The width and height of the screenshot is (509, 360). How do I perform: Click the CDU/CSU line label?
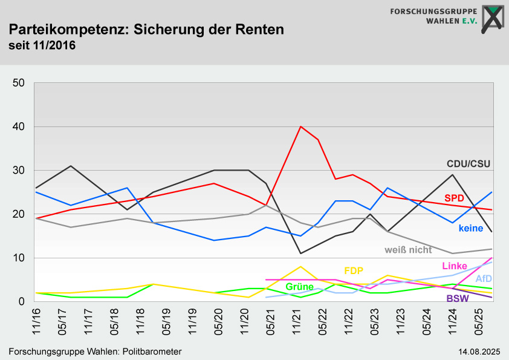tap(468, 163)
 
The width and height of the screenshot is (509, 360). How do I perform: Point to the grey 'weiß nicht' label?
tap(408, 249)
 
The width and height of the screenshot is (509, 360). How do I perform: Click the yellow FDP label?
tap(354, 270)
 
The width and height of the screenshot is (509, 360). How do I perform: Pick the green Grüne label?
tap(299, 286)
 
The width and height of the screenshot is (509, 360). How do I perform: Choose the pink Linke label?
tap(455, 266)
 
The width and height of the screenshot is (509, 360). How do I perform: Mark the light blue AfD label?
tap(484, 279)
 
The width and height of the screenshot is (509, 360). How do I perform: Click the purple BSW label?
tap(458, 298)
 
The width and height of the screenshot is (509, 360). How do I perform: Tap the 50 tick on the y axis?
tap(18, 83)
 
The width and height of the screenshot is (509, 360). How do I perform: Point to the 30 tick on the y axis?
tap(18, 171)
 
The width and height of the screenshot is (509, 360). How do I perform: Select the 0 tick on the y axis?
tap(21, 302)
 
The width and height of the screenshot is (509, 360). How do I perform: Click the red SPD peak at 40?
tap(300, 126)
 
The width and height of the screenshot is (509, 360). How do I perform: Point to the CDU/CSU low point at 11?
tap(300, 254)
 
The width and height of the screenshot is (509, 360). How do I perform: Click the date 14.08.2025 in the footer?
tap(479, 352)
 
